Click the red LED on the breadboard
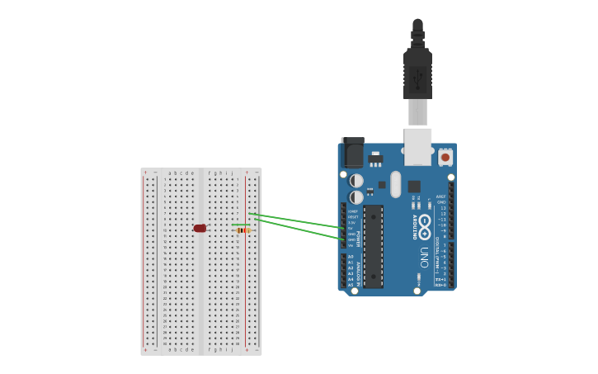click(x=200, y=228)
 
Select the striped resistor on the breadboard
click(x=242, y=230)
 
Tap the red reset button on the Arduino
click(x=445, y=157)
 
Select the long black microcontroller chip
click(x=373, y=245)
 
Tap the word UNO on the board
click(x=424, y=257)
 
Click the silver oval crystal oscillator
click(x=396, y=184)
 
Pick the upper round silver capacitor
click(x=356, y=180)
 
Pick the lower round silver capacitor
click(x=356, y=197)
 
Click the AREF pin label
click(x=440, y=196)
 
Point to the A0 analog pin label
click(x=351, y=257)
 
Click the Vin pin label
click(x=351, y=245)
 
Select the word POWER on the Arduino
click(x=358, y=239)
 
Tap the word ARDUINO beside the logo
click(x=414, y=226)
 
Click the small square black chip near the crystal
click(x=414, y=187)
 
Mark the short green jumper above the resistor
click(x=241, y=225)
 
